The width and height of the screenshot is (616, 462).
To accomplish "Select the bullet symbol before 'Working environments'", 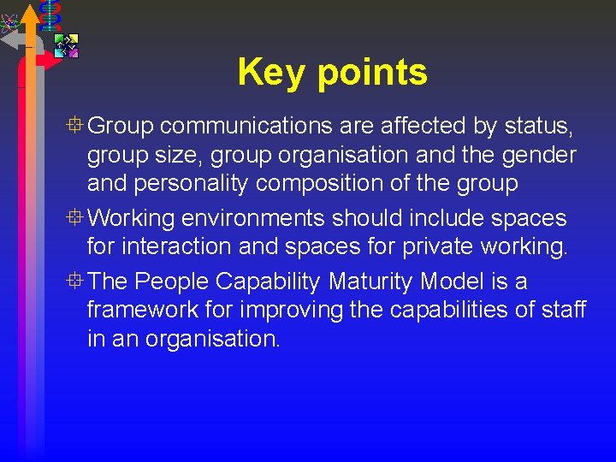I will coord(76,218).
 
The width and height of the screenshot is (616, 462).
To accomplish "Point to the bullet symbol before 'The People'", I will coord(76,280).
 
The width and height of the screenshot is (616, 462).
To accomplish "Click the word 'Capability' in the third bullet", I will coord(258,281).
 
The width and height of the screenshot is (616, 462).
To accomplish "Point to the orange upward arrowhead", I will coord(30,14).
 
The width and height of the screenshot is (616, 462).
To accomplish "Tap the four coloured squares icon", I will coord(66,45).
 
